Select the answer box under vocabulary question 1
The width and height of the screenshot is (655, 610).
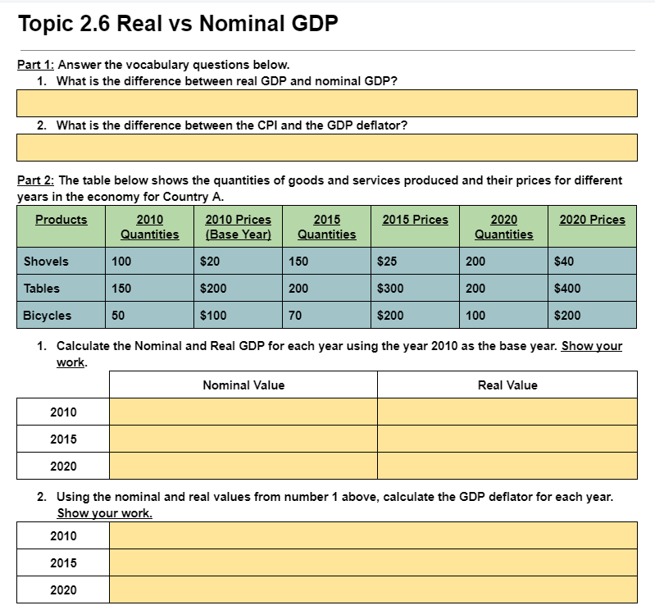(327, 103)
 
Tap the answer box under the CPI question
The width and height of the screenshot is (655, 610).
(327, 148)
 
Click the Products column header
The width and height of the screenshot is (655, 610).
(61, 220)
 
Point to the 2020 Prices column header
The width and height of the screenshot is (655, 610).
(592, 220)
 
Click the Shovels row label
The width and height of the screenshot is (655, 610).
(47, 262)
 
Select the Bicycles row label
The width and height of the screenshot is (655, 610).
(48, 315)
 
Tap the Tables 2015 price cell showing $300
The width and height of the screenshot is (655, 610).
(415, 289)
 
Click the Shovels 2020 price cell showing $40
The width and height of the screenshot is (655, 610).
(592, 262)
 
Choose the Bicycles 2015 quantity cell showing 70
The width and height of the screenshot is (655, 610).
(326, 315)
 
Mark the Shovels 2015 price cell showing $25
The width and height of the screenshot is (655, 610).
(415, 262)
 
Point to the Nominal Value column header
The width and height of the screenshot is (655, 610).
(243, 385)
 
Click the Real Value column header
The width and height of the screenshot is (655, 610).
(507, 385)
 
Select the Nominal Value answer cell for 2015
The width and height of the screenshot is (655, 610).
(243, 439)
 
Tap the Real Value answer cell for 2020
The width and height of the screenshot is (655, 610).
(507, 466)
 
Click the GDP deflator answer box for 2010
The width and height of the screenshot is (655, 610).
(373, 536)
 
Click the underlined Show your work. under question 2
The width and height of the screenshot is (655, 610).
(104, 513)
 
